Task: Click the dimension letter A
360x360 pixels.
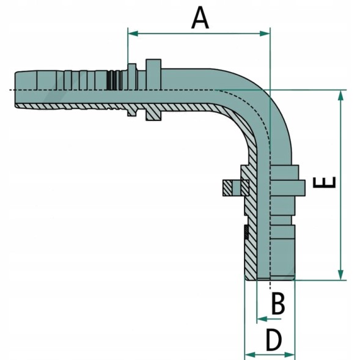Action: click(x=200, y=18)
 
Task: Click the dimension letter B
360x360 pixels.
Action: click(x=278, y=303)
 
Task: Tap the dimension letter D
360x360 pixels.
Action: click(x=273, y=340)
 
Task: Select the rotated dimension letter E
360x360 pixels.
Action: click(x=325, y=182)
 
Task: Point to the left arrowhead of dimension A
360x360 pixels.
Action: click(x=133, y=34)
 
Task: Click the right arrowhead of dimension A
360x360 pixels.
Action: click(x=265, y=34)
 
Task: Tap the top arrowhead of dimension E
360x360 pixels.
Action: click(x=341, y=95)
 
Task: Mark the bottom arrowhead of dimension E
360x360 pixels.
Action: click(x=341, y=275)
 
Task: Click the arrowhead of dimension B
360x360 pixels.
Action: click(x=262, y=319)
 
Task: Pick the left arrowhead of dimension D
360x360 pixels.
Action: click(x=250, y=354)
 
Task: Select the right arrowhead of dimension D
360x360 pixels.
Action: click(x=289, y=354)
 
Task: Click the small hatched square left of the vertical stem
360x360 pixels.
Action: click(x=227, y=188)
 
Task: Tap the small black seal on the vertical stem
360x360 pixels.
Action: click(x=246, y=232)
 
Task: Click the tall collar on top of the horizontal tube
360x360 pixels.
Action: click(x=153, y=75)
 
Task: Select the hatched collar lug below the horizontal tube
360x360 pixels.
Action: click(x=153, y=112)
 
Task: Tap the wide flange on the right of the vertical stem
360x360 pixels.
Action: click(x=288, y=188)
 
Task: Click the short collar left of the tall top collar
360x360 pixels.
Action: click(x=132, y=76)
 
